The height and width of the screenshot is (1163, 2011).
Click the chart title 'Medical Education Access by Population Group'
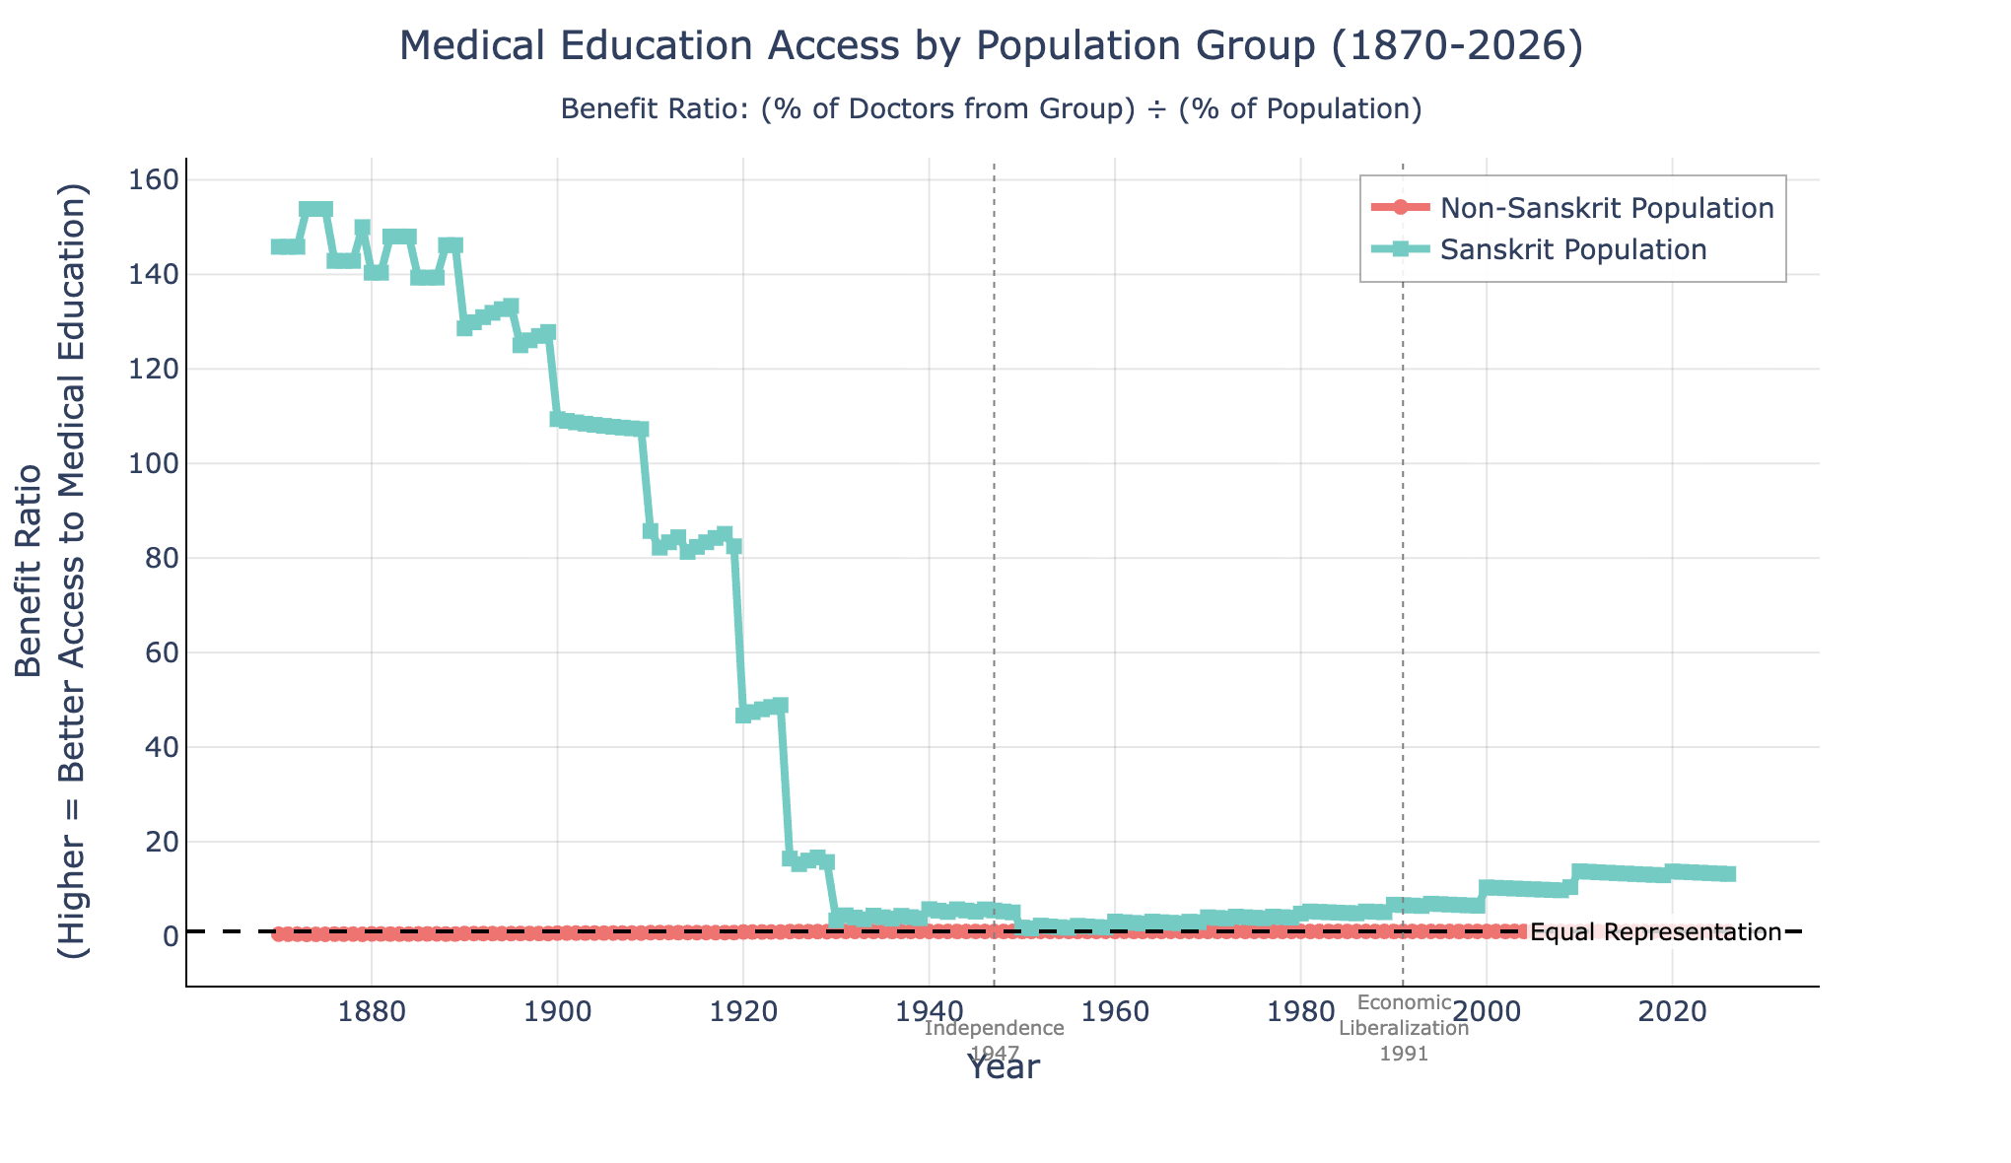point(991,47)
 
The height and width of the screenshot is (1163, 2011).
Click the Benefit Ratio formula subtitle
point(991,108)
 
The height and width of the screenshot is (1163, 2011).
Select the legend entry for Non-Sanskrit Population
point(1606,208)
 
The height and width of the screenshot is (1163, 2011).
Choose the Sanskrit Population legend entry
point(1572,249)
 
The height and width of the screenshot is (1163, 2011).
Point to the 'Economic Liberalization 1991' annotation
point(1404,1028)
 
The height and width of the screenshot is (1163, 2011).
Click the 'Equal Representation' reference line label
point(1655,932)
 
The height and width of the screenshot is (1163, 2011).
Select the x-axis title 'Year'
point(1002,1067)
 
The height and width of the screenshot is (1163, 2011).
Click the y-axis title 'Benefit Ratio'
point(51,572)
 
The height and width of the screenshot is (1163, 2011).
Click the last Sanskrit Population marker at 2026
point(1727,874)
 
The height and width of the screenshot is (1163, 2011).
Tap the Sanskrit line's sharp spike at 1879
point(363,229)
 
